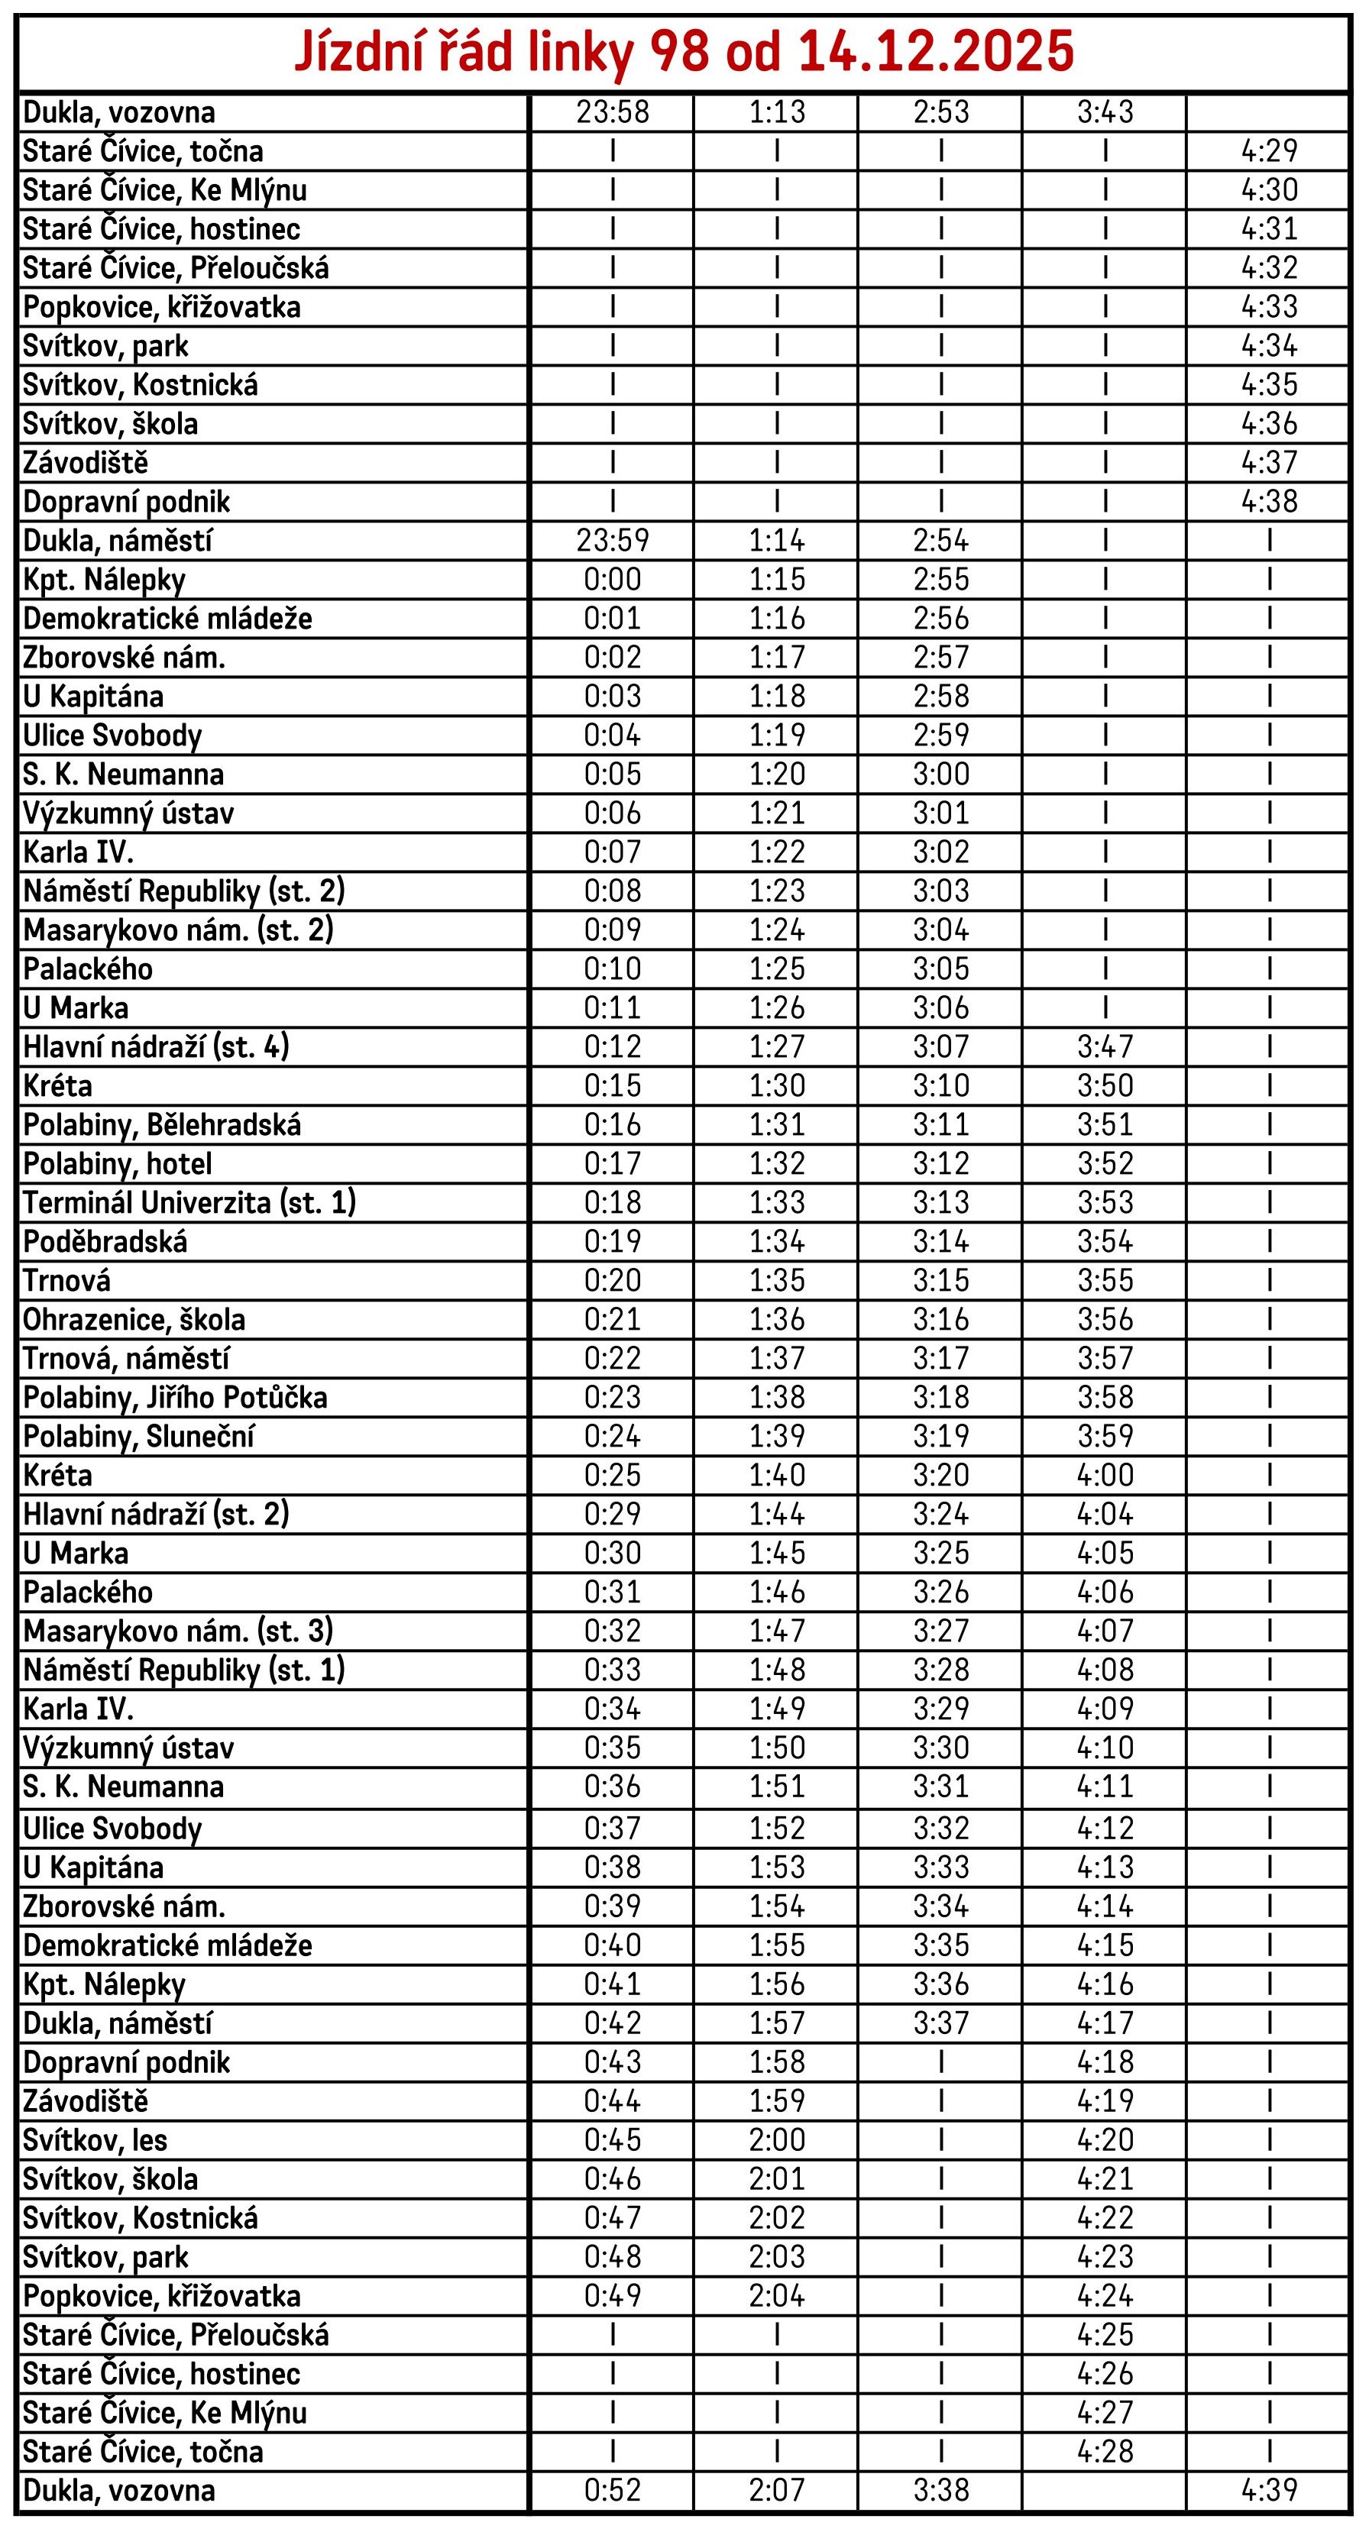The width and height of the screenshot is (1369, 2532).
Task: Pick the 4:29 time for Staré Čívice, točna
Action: (1269, 150)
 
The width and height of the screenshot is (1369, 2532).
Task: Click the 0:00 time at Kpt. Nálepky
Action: (612, 579)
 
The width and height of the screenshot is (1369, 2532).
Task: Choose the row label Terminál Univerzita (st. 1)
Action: (189, 1202)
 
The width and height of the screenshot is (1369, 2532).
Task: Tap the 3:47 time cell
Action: (1105, 1047)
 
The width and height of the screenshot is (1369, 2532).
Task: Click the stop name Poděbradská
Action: (105, 1241)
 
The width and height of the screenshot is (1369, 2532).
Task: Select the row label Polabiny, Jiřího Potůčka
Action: (175, 1397)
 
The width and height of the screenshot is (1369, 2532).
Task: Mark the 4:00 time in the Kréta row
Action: (1105, 1474)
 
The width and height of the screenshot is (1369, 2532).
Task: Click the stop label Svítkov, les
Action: (95, 2140)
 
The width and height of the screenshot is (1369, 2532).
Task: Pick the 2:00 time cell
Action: (776, 2140)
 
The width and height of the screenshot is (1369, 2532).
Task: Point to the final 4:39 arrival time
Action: (1269, 2490)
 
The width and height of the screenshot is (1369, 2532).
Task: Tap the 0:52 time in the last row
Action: (612, 2490)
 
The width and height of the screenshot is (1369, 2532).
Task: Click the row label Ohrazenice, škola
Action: (134, 1319)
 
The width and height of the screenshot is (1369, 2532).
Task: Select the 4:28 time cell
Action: (1105, 2451)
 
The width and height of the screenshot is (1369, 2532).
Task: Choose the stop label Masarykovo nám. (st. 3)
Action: (178, 1631)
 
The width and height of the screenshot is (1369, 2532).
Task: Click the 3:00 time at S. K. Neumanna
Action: (940, 774)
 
